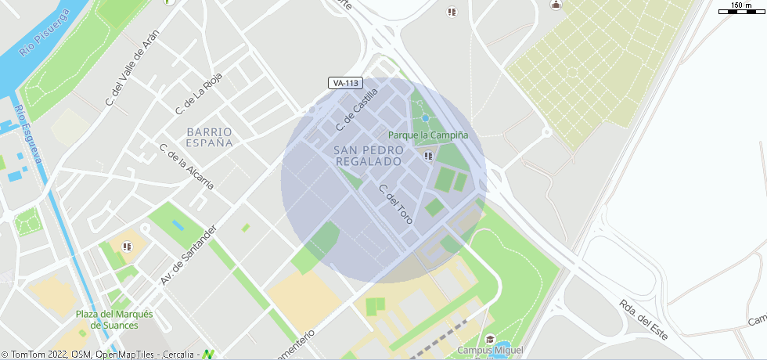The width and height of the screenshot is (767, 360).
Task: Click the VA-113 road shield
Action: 345,83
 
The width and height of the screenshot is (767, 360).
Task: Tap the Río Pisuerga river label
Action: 45,34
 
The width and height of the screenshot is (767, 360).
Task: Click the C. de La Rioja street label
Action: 200,91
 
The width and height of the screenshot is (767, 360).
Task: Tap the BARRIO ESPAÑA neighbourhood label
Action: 210,138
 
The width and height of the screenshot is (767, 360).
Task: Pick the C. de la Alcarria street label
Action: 186,167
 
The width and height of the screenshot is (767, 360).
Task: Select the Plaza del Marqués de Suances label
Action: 114,319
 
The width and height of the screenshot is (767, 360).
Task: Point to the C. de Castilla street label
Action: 357,110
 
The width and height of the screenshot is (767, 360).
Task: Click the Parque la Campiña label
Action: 428,135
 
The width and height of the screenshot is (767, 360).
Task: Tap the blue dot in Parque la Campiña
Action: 425,118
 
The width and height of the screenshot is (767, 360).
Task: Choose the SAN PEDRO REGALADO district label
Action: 368,155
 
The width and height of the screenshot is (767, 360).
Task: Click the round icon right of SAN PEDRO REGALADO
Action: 428,157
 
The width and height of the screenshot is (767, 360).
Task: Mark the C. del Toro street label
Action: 395,204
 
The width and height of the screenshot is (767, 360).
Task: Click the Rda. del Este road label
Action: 643,319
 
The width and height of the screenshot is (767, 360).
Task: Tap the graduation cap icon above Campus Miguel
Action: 490,339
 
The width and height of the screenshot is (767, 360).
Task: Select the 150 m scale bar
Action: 740,9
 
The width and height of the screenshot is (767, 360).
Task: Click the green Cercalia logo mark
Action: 208,355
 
